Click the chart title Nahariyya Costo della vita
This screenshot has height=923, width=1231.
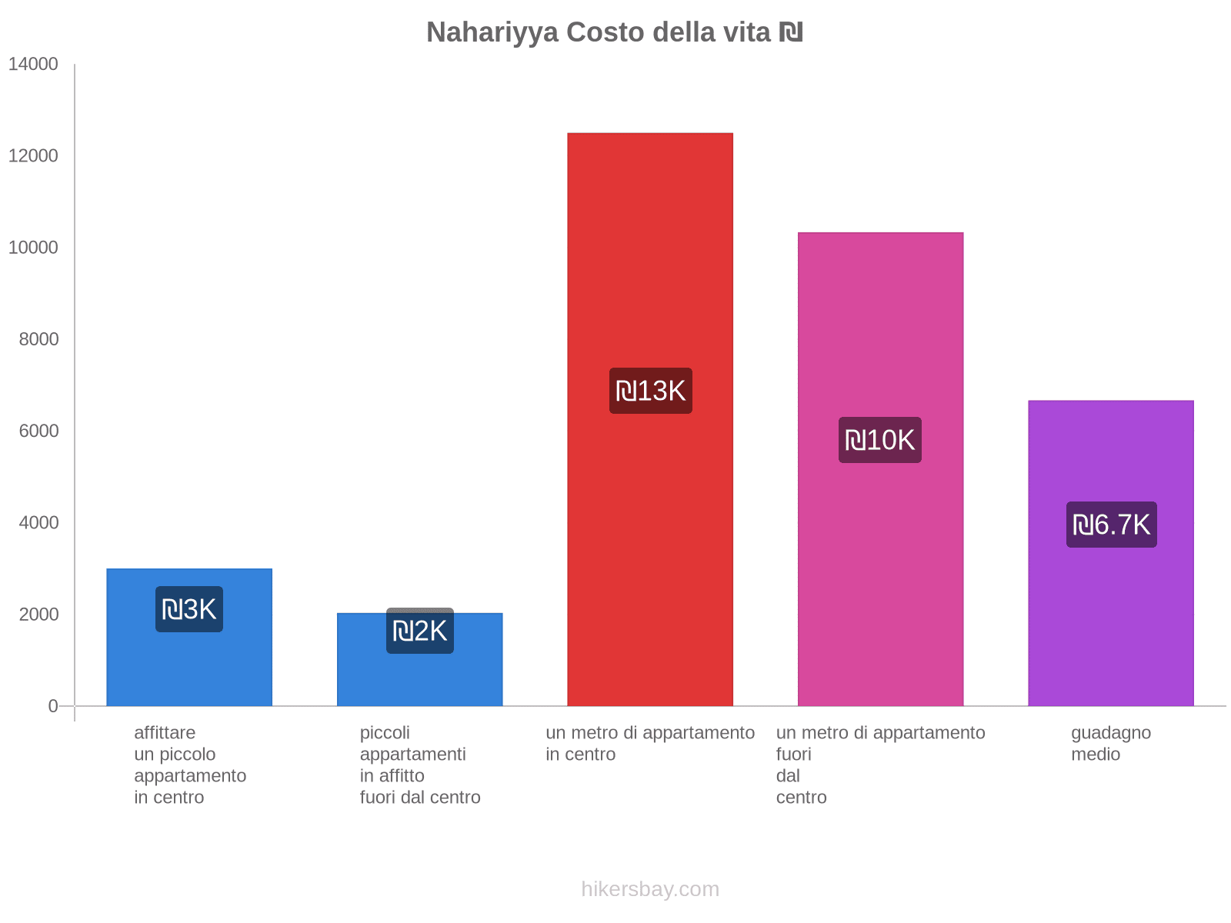615,32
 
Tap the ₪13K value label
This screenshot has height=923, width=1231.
650,391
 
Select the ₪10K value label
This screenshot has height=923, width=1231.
879,440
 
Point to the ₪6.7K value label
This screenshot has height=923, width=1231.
1111,525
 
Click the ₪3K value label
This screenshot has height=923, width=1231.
189,609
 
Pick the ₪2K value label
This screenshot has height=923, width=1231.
419,631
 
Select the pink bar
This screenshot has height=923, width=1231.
880,323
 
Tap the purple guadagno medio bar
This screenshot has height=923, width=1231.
1111,615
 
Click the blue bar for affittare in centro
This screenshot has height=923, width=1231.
189,669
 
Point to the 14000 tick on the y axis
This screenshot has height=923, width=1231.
33,64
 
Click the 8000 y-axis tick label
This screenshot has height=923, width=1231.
38,339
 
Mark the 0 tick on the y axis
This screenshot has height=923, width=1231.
53,706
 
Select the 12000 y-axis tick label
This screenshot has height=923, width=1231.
33,156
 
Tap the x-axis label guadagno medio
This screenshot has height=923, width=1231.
1110,743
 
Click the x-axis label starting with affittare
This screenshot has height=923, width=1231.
190,765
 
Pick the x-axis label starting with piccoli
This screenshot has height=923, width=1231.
420,765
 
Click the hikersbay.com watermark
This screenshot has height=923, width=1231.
650,889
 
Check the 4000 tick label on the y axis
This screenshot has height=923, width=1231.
38,523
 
